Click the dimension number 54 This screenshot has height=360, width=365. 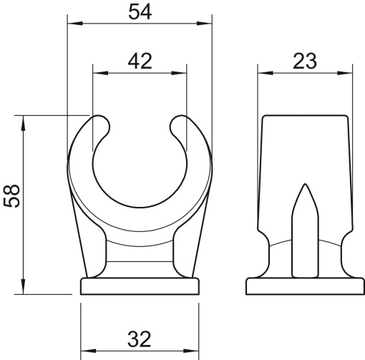pos(140,13)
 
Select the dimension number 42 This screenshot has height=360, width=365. pos(140,62)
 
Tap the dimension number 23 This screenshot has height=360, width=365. pos(306,62)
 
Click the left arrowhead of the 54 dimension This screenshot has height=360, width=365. pos(72,23)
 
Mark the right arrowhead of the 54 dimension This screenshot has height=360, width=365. pos(208,23)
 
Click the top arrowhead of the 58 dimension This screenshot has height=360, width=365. pos(25,120)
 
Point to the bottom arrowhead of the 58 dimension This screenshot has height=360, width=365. pos(25,288)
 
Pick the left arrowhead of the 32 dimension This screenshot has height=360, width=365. pos(85,351)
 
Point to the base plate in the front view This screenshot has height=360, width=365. pos(140,287)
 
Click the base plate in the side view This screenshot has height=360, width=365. pos(306,287)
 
